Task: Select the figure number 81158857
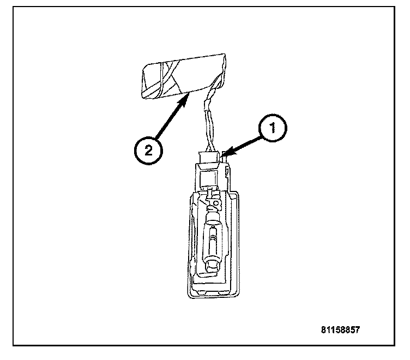[x=341, y=331]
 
